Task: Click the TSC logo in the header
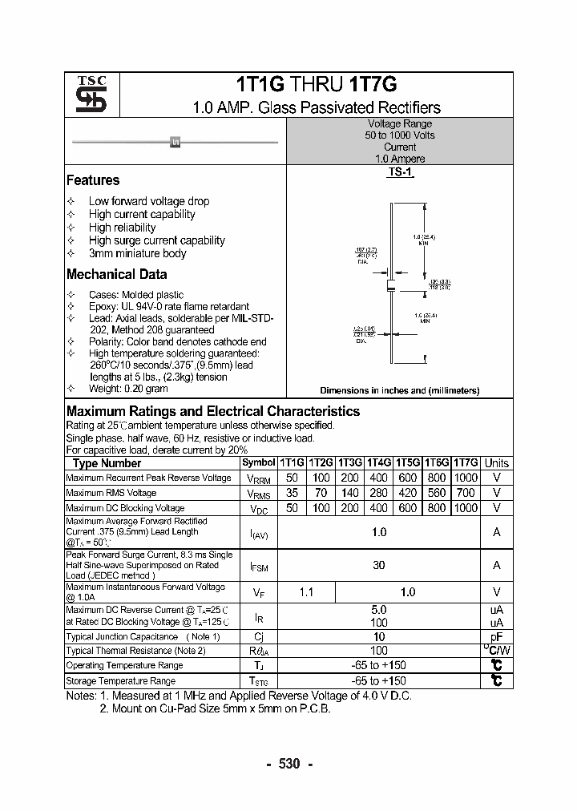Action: (85, 95)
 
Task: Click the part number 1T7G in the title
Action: (372, 86)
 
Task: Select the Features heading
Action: (93, 180)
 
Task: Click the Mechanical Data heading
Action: (116, 274)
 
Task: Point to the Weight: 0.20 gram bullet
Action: (128, 389)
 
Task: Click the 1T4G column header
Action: (379, 462)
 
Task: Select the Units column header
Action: (497, 462)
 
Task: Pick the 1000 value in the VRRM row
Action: (466, 478)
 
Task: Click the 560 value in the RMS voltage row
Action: (437, 493)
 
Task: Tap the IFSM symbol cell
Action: (259, 566)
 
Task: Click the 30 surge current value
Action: (379, 565)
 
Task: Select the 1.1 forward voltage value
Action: (306, 591)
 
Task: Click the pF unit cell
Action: (497, 636)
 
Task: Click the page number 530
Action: (288, 764)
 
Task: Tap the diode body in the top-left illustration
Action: (176, 142)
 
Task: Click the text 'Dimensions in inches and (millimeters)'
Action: (399, 390)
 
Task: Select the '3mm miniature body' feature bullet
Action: (137, 253)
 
